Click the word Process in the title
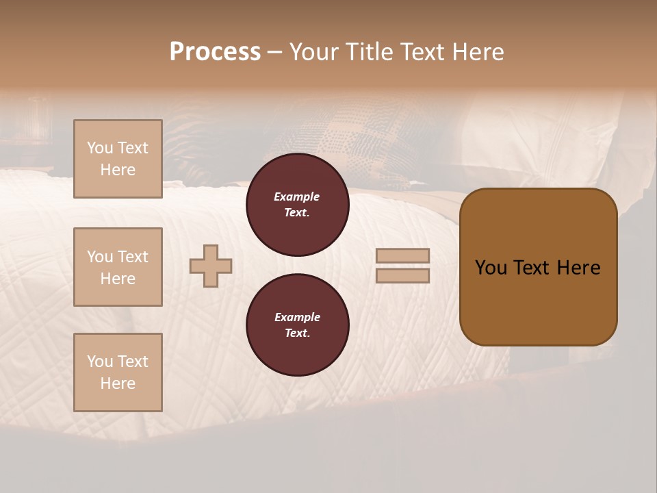pyautogui.click(x=215, y=52)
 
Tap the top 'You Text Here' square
pyautogui.click(x=118, y=159)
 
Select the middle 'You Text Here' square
pyautogui.click(x=118, y=267)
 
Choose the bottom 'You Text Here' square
pyautogui.click(x=118, y=372)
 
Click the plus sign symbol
pyautogui.click(x=211, y=266)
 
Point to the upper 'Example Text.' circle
pyautogui.click(x=298, y=205)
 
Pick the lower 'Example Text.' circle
pyautogui.click(x=298, y=325)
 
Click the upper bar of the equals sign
pyautogui.click(x=402, y=256)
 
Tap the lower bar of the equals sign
pyautogui.click(x=402, y=276)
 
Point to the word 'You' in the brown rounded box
pyautogui.click(x=491, y=268)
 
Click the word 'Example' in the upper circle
pyautogui.click(x=297, y=197)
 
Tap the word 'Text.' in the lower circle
pyautogui.click(x=297, y=333)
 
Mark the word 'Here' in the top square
pyautogui.click(x=118, y=170)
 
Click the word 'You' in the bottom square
pyautogui.click(x=100, y=362)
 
